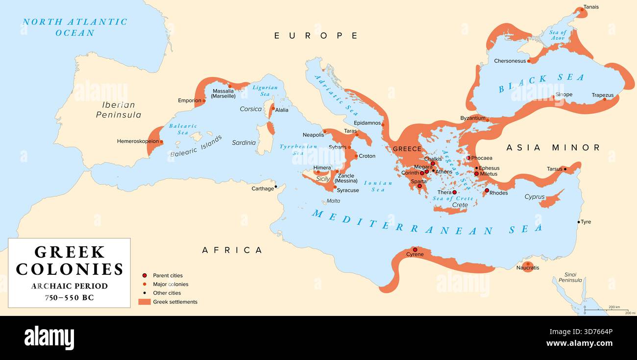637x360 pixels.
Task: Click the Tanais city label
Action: click(x=591, y=7)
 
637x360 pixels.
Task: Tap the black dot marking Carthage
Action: click(x=276, y=186)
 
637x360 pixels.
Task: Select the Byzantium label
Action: click(x=472, y=118)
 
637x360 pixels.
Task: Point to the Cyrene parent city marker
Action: click(x=415, y=249)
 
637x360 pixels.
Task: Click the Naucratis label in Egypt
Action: click(x=527, y=268)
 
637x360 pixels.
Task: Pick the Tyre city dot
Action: click(x=579, y=222)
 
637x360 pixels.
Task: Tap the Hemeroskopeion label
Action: click(x=138, y=141)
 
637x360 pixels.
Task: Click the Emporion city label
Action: click(x=189, y=100)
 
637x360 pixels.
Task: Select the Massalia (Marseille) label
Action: click(x=224, y=94)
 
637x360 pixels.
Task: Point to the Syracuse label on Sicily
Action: click(x=348, y=190)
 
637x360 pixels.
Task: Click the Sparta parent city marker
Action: click(x=419, y=186)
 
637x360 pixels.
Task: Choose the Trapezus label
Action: click(x=602, y=95)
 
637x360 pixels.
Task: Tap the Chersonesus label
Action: click(x=509, y=61)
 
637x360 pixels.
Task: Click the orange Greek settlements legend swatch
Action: click(x=145, y=302)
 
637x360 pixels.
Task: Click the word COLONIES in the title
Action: click(x=70, y=269)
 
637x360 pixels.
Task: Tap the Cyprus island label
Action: click(x=534, y=197)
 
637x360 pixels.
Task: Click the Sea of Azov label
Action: click(x=558, y=35)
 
